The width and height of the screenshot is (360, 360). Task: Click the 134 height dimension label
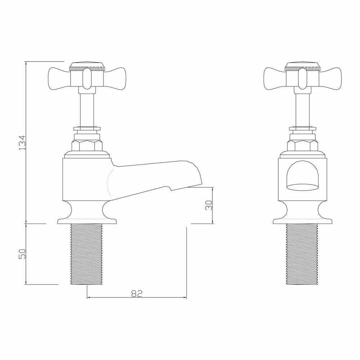[x=22, y=143]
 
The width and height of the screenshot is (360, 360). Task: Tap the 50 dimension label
[x=22, y=254]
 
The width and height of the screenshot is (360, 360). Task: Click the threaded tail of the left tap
[x=87, y=254]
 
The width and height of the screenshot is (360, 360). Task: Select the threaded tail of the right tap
[x=302, y=254]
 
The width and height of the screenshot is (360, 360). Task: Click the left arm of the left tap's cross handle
[x=59, y=78]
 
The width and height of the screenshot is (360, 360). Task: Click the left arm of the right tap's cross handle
[x=275, y=78]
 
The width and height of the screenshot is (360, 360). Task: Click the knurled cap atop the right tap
[x=302, y=67]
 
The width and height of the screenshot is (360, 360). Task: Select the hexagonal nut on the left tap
[x=87, y=145]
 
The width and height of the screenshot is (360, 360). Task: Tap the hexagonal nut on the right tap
[x=302, y=145]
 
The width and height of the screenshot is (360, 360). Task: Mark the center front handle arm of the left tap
[x=87, y=79]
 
